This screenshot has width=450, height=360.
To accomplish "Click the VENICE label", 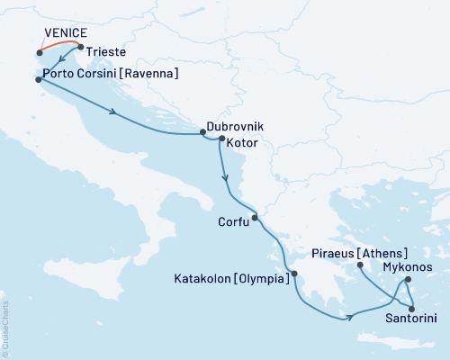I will tap(64, 34).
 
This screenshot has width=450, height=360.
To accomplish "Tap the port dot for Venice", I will tap(40, 53).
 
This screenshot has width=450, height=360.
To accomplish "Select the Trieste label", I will tap(106, 54).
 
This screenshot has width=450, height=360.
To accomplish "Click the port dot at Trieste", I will tap(81, 48).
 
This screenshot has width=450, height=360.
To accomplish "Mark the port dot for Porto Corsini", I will tap(38, 79).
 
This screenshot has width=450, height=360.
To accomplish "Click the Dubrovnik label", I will tap(236, 128).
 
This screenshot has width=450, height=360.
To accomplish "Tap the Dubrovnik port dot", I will tap(202, 134).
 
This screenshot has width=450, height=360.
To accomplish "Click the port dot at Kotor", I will tap(222, 139).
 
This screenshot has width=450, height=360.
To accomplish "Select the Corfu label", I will tap(233, 220).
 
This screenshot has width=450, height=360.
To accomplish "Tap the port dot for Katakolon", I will tap(293, 274).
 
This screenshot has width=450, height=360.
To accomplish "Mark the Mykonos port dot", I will tap(408, 279).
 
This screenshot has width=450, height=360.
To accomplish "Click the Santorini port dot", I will tap(412, 309).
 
